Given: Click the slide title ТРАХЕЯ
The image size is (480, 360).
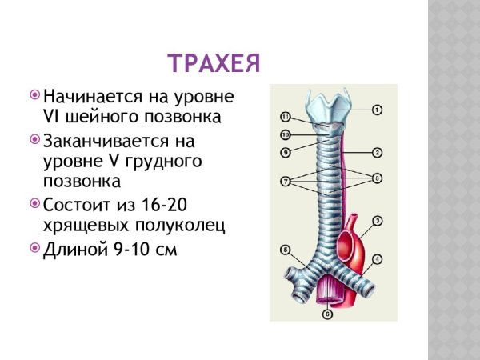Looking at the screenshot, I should (214, 63).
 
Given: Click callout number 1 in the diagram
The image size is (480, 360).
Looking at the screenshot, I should (377, 108).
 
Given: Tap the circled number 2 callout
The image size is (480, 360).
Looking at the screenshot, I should (377, 152).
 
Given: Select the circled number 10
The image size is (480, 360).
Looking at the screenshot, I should (285, 117).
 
